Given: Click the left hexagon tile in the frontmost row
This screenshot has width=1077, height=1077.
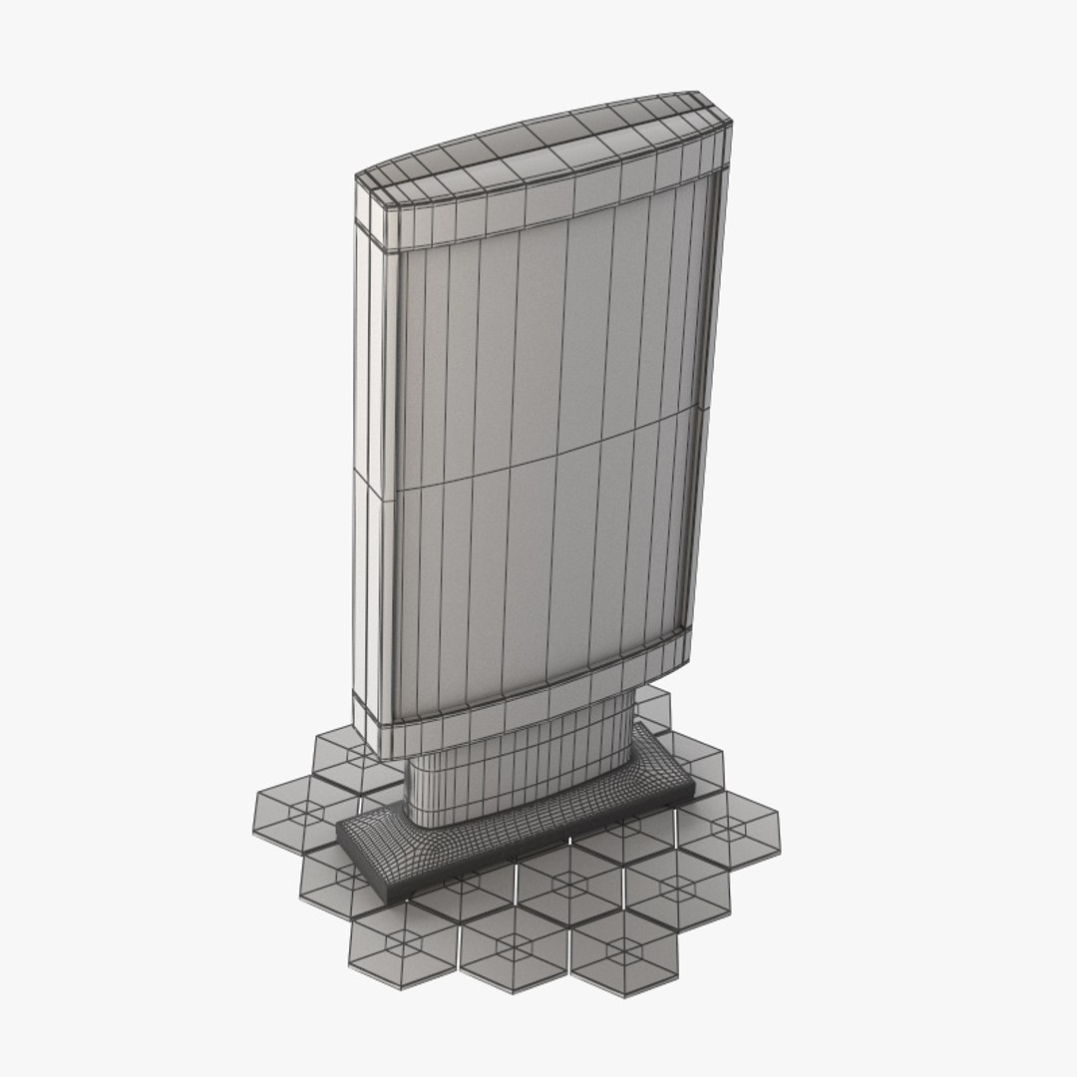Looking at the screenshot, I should [x=403, y=943].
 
